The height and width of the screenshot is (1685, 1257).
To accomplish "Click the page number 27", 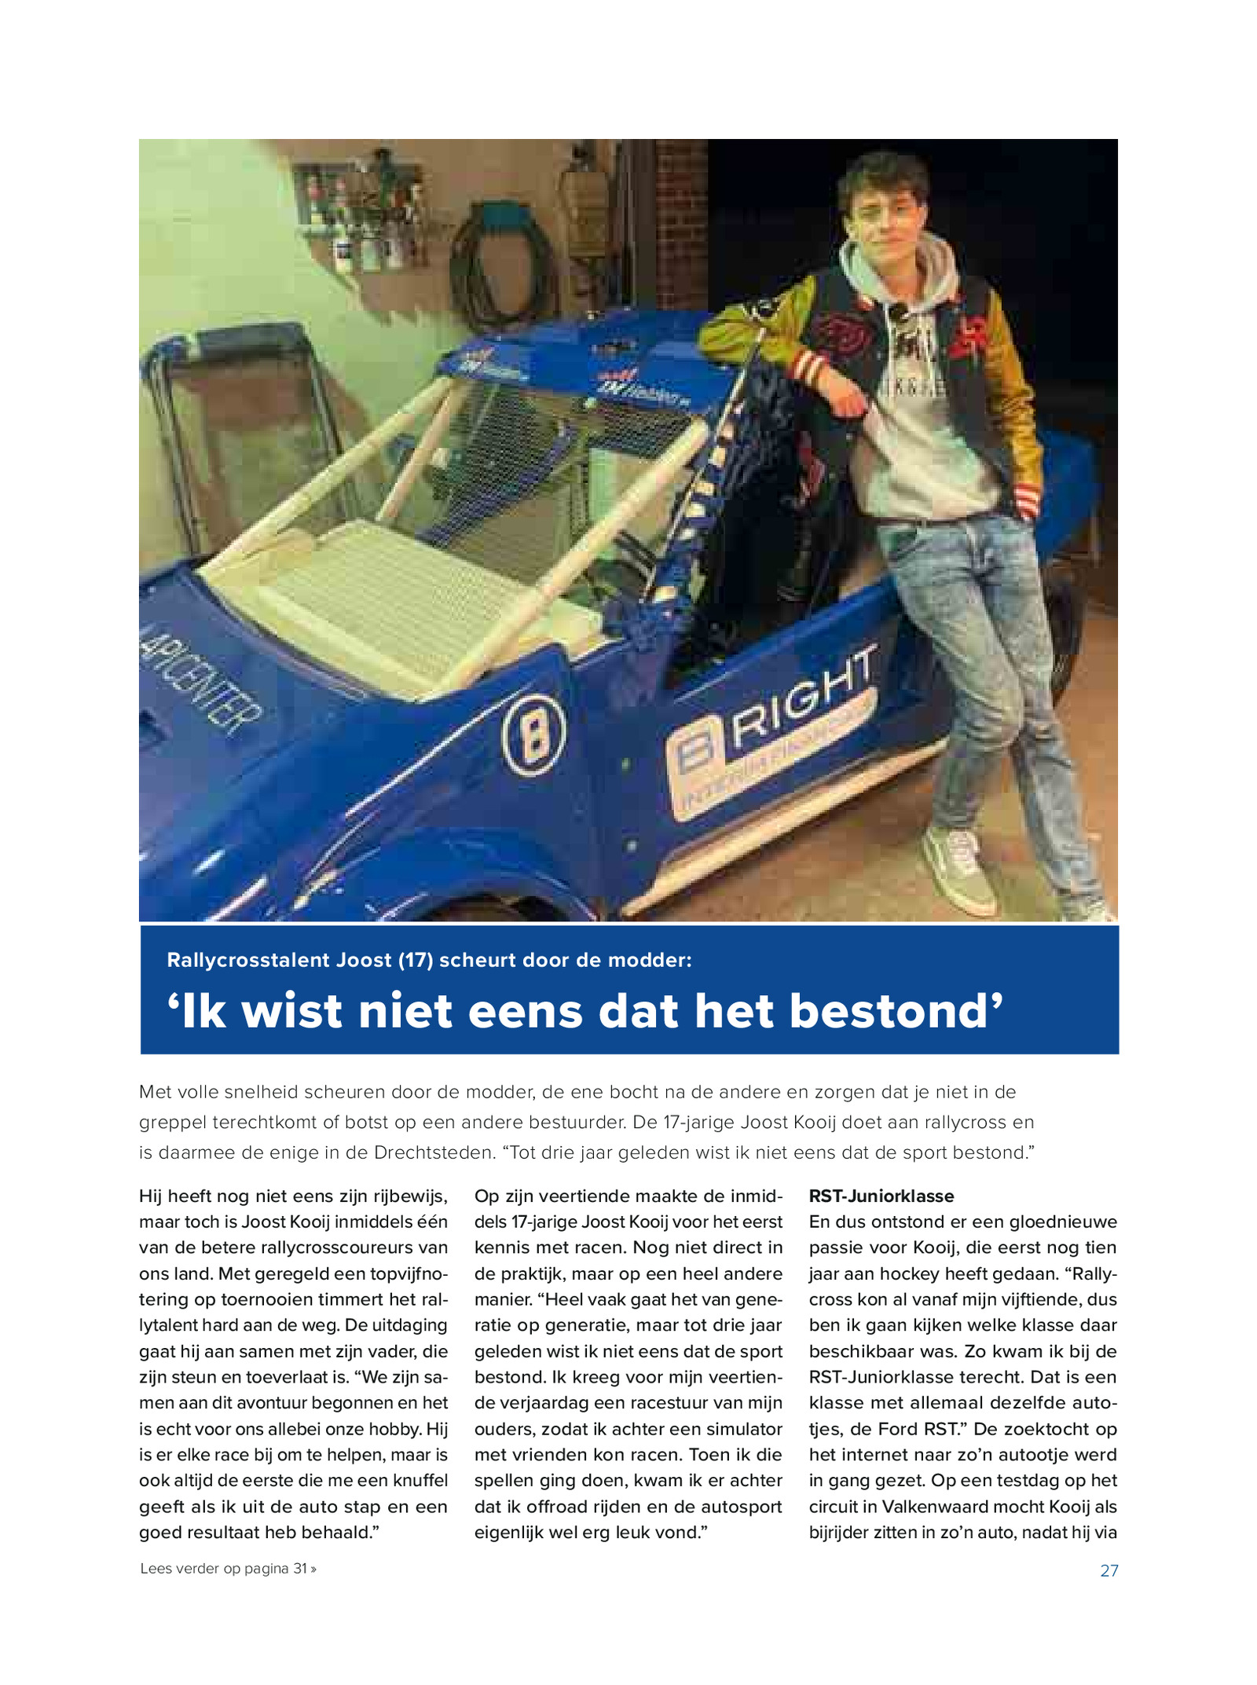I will tap(1109, 1570).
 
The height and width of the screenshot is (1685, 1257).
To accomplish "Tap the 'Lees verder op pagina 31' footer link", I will tap(228, 1569).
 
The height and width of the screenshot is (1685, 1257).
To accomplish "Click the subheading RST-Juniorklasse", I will tap(881, 1196).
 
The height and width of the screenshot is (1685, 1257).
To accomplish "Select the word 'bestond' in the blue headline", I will tap(896, 1011).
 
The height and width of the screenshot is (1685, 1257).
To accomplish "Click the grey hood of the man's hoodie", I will tap(903, 275).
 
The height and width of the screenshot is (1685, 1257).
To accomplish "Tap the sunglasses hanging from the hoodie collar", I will tap(898, 314).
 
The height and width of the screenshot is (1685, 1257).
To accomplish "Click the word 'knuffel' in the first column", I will tap(416, 1481).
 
